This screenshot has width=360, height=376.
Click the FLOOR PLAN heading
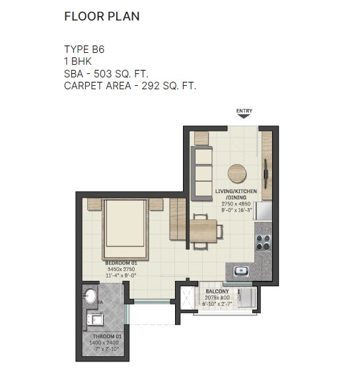click(x=102, y=17)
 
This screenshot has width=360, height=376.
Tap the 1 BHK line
click(x=79, y=61)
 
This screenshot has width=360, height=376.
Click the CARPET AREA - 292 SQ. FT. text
click(x=130, y=85)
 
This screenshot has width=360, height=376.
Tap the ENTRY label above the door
click(x=244, y=110)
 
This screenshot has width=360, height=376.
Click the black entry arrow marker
click(x=244, y=116)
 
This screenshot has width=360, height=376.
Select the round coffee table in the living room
click(x=238, y=174)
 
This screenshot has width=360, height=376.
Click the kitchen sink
click(x=241, y=270)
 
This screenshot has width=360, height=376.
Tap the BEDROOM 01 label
click(x=120, y=264)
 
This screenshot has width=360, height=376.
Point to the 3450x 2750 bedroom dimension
click(x=120, y=270)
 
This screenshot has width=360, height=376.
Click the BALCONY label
click(x=217, y=291)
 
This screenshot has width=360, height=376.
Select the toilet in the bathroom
click(x=90, y=297)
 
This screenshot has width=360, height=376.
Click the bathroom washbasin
click(x=96, y=320)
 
